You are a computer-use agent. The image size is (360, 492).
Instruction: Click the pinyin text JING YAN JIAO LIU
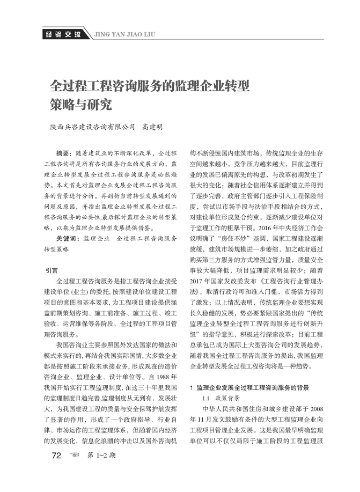pos(124,36)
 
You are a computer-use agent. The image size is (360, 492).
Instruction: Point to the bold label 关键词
pos(68,238)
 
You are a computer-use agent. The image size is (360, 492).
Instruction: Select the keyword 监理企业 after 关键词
pos(97,238)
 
